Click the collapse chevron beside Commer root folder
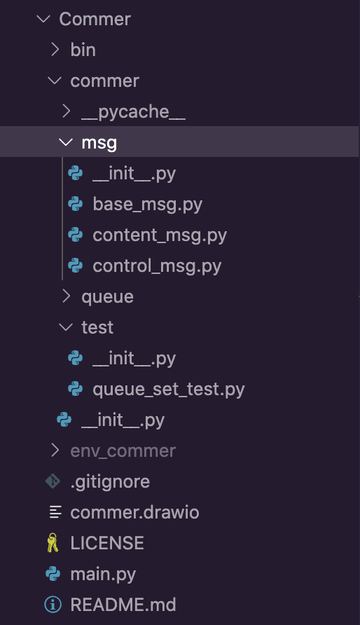43,19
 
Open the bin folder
83,50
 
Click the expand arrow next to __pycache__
66,111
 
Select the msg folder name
99,143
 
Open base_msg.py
147,205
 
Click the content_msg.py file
160,235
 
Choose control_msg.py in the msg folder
157,266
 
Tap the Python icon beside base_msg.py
75,204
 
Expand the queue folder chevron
66,296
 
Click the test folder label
97,327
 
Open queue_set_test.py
169,389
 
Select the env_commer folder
123,451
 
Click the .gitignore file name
110,481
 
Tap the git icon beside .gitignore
53,481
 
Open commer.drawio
134,512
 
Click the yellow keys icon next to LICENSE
53,542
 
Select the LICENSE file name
107,543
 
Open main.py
103,575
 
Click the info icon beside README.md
53,605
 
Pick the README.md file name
123,605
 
